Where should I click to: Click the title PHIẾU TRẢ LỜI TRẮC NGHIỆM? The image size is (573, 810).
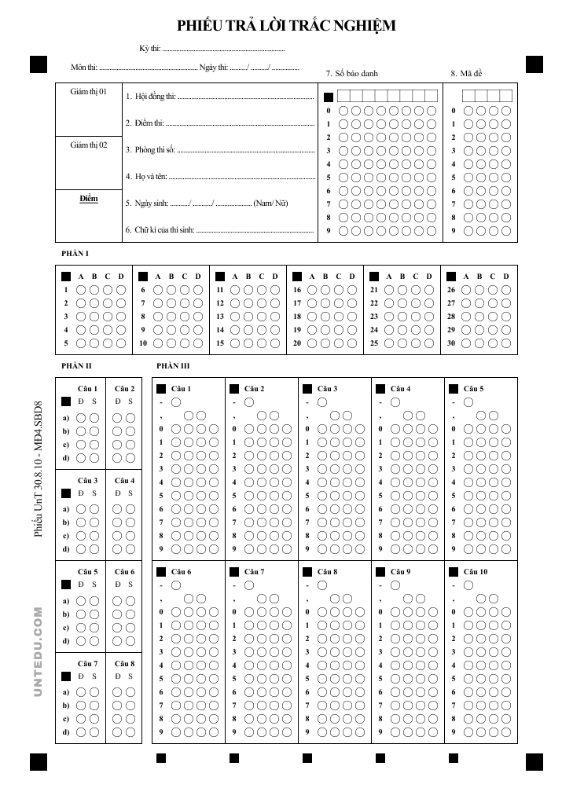pos(286,26)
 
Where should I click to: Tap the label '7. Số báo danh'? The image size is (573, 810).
pos(351,73)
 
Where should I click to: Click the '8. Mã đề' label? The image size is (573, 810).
pos(466,73)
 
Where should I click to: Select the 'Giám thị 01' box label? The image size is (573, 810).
pos(88,92)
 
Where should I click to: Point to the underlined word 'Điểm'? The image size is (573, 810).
pos(88,198)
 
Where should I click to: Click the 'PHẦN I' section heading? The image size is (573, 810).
pos(75,255)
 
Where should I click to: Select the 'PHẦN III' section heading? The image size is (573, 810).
pos(173,366)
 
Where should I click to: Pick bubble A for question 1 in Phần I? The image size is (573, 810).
pos(80,290)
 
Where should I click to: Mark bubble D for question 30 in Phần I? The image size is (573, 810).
pos(505,343)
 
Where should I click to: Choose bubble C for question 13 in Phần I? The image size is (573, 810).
pos(262,317)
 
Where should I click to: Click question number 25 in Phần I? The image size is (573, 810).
pos(374,343)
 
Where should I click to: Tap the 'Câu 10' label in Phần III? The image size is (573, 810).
pos(475,572)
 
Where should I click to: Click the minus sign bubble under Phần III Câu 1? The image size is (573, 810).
pos(176,402)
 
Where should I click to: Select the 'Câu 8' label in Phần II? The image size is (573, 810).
pos(124,663)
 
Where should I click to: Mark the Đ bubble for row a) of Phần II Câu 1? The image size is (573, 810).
pos(81,417)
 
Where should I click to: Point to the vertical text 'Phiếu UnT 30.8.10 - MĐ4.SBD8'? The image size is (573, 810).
pos(38,471)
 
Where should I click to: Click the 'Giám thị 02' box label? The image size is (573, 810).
pos(88,145)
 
